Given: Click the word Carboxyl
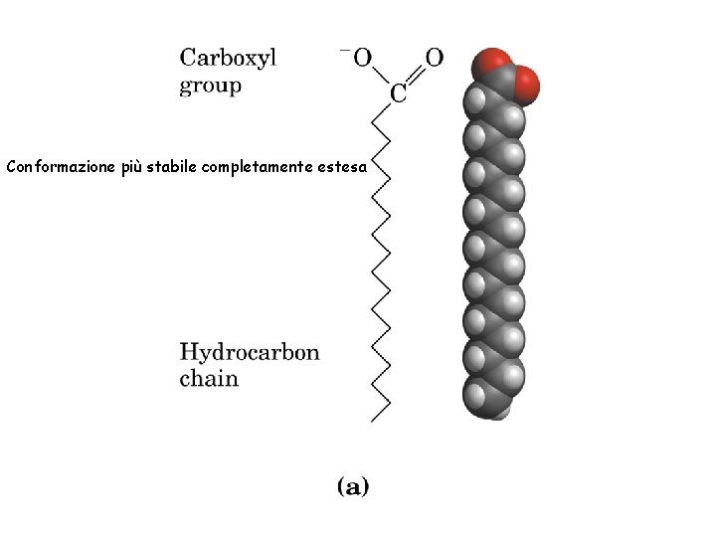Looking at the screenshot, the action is click(228, 58).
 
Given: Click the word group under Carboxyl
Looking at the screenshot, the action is click(210, 86).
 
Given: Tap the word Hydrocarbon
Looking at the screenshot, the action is click(250, 351).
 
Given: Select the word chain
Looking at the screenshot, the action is click(209, 378).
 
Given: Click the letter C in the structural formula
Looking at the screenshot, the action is click(398, 95).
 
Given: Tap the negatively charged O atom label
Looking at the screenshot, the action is click(363, 58).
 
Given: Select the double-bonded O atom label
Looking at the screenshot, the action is click(434, 58).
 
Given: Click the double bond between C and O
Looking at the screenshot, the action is click(418, 76).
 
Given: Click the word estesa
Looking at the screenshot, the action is click(343, 166).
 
